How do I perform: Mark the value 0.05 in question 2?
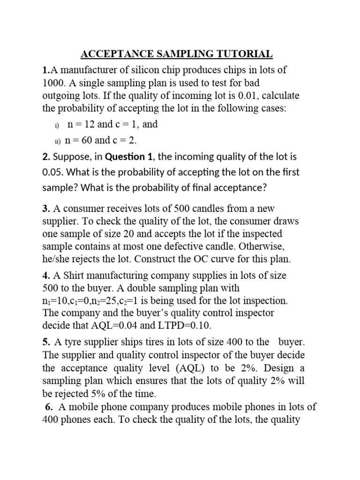click(52, 172)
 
